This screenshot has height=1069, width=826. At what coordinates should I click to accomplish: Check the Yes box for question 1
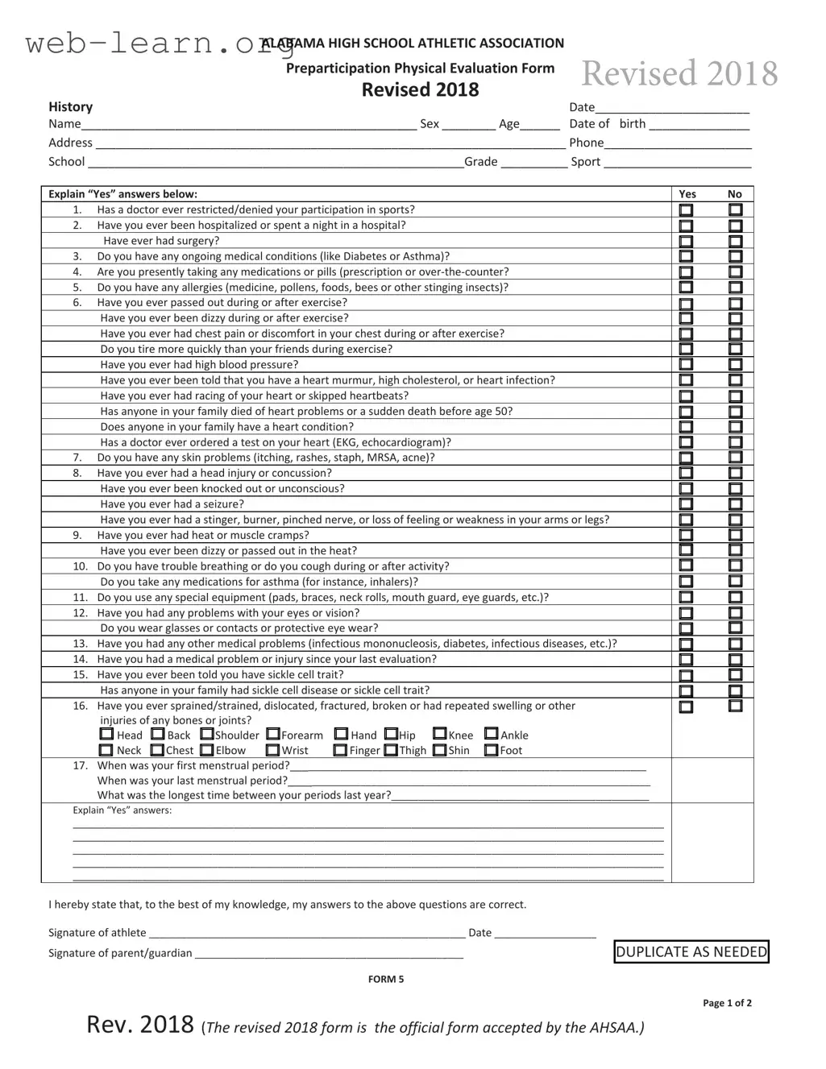[686, 210]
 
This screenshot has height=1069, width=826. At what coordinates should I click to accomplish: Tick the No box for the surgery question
[736, 241]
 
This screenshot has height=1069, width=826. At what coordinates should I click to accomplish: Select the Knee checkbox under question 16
[440, 734]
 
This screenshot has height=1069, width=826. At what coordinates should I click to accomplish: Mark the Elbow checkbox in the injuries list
[207, 750]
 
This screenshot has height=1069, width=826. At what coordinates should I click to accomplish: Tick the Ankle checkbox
[492, 734]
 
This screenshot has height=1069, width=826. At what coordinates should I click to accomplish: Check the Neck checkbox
[107, 750]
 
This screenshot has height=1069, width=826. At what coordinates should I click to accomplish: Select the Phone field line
[678, 144]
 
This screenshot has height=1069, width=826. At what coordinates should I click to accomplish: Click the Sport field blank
[677, 163]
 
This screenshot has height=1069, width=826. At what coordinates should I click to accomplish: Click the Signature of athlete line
[307, 934]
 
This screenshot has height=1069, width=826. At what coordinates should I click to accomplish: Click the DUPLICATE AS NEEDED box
[691, 952]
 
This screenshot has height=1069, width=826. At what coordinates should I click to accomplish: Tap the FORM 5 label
[386, 980]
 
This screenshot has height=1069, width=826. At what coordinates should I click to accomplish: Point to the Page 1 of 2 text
[727, 1004]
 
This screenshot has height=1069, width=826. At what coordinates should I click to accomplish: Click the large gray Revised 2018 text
[679, 74]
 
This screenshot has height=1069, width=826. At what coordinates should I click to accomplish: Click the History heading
[71, 107]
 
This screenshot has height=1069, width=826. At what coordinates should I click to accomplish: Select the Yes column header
[687, 194]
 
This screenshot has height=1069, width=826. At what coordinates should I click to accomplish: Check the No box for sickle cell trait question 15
[736, 675]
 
